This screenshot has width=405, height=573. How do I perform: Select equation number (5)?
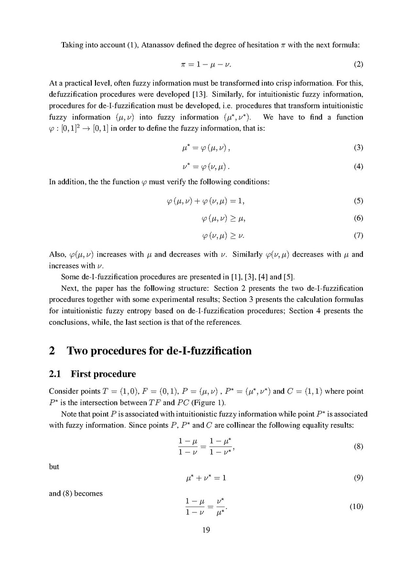pyautogui.click(x=358, y=201)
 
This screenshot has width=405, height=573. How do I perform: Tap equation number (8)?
pyautogui.click(x=358, y=447)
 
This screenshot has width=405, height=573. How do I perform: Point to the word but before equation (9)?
pyautogui.click(x=54, y=467)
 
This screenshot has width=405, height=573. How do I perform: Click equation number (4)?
pyautogui.click(x=358, y=167)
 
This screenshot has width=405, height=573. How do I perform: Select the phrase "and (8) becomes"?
pyautogui.click(x=76, y=493)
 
